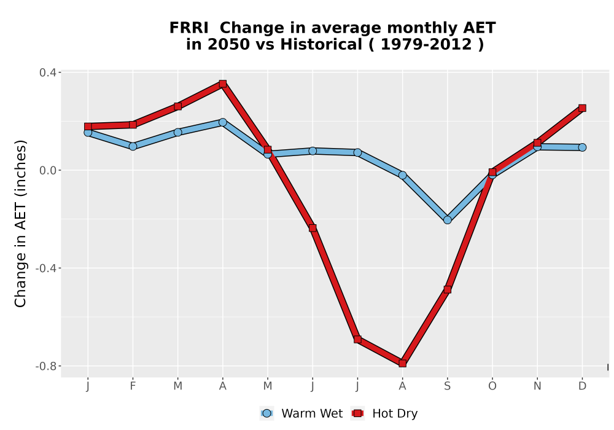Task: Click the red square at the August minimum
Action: (x=403, y=364)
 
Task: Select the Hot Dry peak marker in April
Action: (x=223, y=84)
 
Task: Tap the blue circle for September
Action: (x=448, y=220)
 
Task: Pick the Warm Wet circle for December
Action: (x=582, y=147)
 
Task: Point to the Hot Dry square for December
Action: (x=582, y=108)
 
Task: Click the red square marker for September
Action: (x=448, y=289)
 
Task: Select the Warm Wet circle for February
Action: (x=133, y=146)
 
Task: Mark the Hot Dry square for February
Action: (x=133, y=125)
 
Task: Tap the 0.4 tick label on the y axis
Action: (x=47, y=72)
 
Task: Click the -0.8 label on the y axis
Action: (x=46, y=366)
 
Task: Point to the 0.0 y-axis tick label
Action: (x=47, y=170)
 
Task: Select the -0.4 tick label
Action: (x=46, y=268)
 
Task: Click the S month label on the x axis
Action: (x=448, y=386)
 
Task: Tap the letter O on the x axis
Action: (x=492, y=386)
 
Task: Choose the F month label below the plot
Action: (x=133, y=386)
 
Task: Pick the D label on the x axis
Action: (x=582, y=386)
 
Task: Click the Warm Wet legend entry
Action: (x=301, y=413)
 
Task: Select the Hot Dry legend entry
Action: (x=385, y=413)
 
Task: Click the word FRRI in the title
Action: (x=188, y=28)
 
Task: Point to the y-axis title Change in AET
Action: (x=20, y=224)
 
